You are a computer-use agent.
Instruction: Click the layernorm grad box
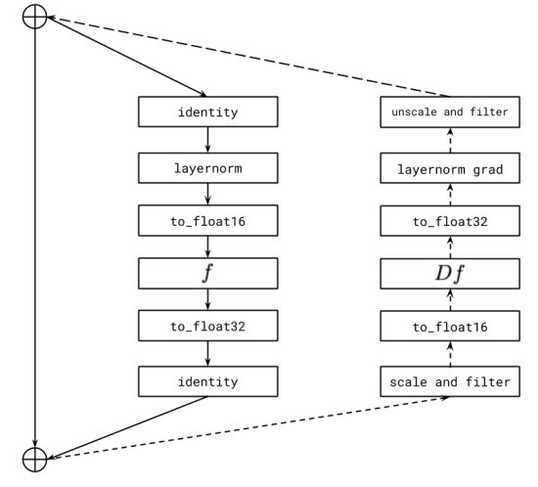click(450, 170)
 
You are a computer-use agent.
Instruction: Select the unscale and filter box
click(450, 111)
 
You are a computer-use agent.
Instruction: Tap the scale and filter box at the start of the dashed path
click(450, 381)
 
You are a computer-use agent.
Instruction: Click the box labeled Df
click(450, 273)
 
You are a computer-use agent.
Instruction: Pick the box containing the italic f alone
click(207, 273)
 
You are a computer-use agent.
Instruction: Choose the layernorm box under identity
click(207, 168)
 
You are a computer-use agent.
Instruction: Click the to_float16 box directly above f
click(207, 220)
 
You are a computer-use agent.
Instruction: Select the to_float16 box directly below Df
click(450, 326)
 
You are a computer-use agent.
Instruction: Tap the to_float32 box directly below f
click(207, 326)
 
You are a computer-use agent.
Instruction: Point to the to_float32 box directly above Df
click(450, 221)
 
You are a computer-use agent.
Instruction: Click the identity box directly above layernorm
click(207, 111)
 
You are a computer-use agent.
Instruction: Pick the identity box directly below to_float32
click(207, 381)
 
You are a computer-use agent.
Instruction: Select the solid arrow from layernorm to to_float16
click(207, 194)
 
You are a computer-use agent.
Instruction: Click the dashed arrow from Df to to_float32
click(450, 246)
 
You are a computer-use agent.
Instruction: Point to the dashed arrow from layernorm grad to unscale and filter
click(450, 141)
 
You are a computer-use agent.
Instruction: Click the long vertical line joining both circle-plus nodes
click(34, 235)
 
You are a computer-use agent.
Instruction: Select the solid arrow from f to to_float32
click(207, 299)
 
